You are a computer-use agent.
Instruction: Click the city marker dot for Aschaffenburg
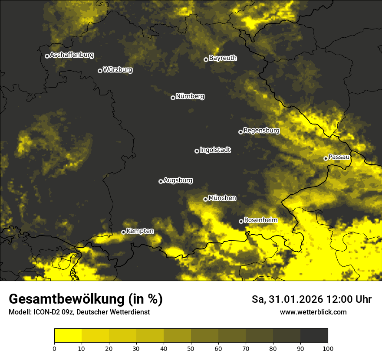[47, 56]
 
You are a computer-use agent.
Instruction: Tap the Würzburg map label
[118, 70]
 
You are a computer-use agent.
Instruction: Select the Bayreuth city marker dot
[206, 59]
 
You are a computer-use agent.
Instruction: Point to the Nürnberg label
[190, 96]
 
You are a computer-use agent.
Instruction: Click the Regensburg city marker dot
[240, 132]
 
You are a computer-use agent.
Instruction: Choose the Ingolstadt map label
[215, 150]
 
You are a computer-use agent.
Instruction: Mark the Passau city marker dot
[326, 158]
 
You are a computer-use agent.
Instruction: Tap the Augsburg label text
[178, 180]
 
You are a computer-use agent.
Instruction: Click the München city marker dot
[205, 199]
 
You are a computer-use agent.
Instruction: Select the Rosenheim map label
[260, 220]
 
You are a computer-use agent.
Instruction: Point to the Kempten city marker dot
[123, 232]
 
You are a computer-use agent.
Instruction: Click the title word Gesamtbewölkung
[65, 299]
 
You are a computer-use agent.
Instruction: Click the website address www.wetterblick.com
[313, 312]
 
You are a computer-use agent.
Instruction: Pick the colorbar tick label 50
[191, 348]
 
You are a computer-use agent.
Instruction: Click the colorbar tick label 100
[328, 348]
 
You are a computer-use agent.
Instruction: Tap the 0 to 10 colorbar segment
[68, 336]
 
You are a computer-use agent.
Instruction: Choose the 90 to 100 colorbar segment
[314, 336]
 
